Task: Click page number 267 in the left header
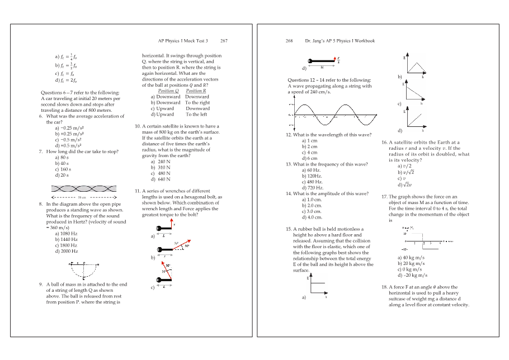coord(224,41)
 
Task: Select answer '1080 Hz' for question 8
coord(66,233)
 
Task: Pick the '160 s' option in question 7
coord(63,169)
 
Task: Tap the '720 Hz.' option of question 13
coord(312,188)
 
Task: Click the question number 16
coord(384,143)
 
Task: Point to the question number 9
coord(41,284)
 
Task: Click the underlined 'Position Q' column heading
coord(168,91)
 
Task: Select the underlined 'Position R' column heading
coord(196,91)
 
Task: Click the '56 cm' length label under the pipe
coord(82,198)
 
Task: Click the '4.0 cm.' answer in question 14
coord(312,217)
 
